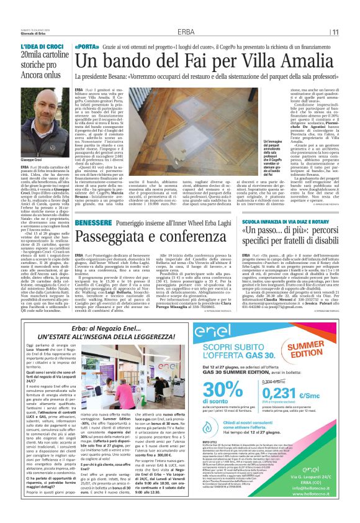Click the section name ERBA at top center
[x=184, y=32]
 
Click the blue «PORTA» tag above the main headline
[x=87, y=47]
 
